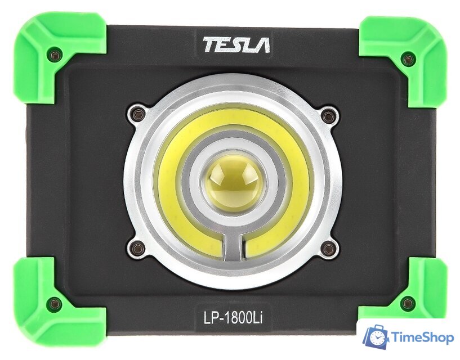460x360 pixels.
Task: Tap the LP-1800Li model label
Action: coord(233,317)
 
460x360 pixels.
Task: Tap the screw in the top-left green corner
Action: coord(55,55)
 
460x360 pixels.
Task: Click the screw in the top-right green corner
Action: coord(407,60)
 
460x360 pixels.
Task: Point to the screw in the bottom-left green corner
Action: coord(55,304)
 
